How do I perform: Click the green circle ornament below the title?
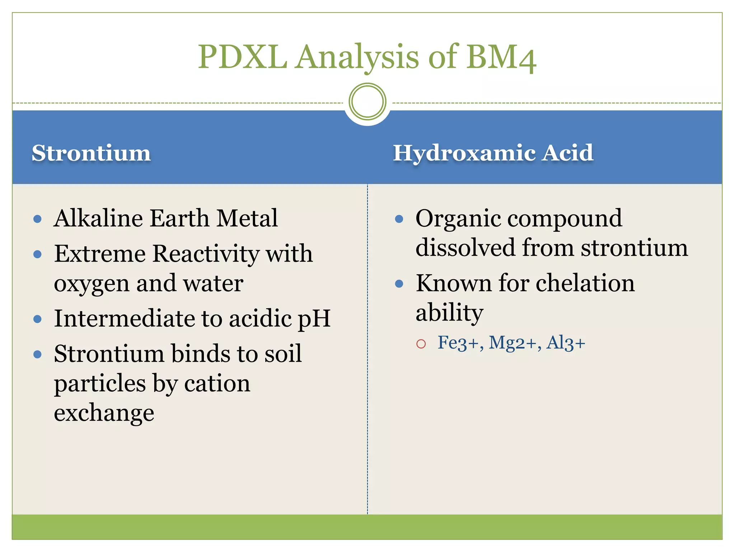coord(367,102)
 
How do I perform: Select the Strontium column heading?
coord(91,153)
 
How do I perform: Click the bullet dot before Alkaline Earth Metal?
coord(37,219)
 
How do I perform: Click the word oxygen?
coord(91,284)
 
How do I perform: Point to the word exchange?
coord(104,413)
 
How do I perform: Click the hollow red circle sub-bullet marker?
coord(421,344)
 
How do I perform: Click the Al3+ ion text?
coord(566,342)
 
